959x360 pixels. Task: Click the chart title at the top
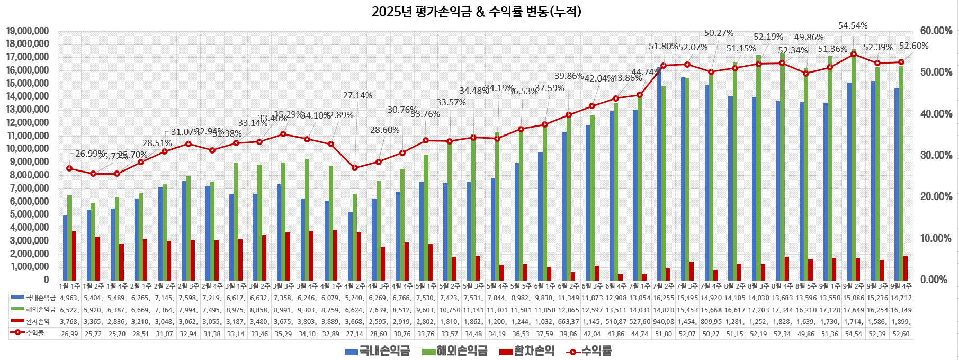click(x=476, y=12)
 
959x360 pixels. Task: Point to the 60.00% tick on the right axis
click(x=936, y=31)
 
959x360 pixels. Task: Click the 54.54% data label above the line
click(x=853, y=25)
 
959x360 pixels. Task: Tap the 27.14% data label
click(x=357, y=96)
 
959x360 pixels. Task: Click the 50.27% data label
click(x=719, y=33)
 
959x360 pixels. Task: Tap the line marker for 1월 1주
click(x=69, y=168)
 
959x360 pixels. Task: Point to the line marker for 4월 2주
click(x=355, y=168)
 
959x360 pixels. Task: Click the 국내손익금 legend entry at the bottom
click(x=378, y=351)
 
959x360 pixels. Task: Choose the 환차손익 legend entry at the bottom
click(x=527, y=351)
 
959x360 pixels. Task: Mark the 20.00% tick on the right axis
click(x=936, y=197)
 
